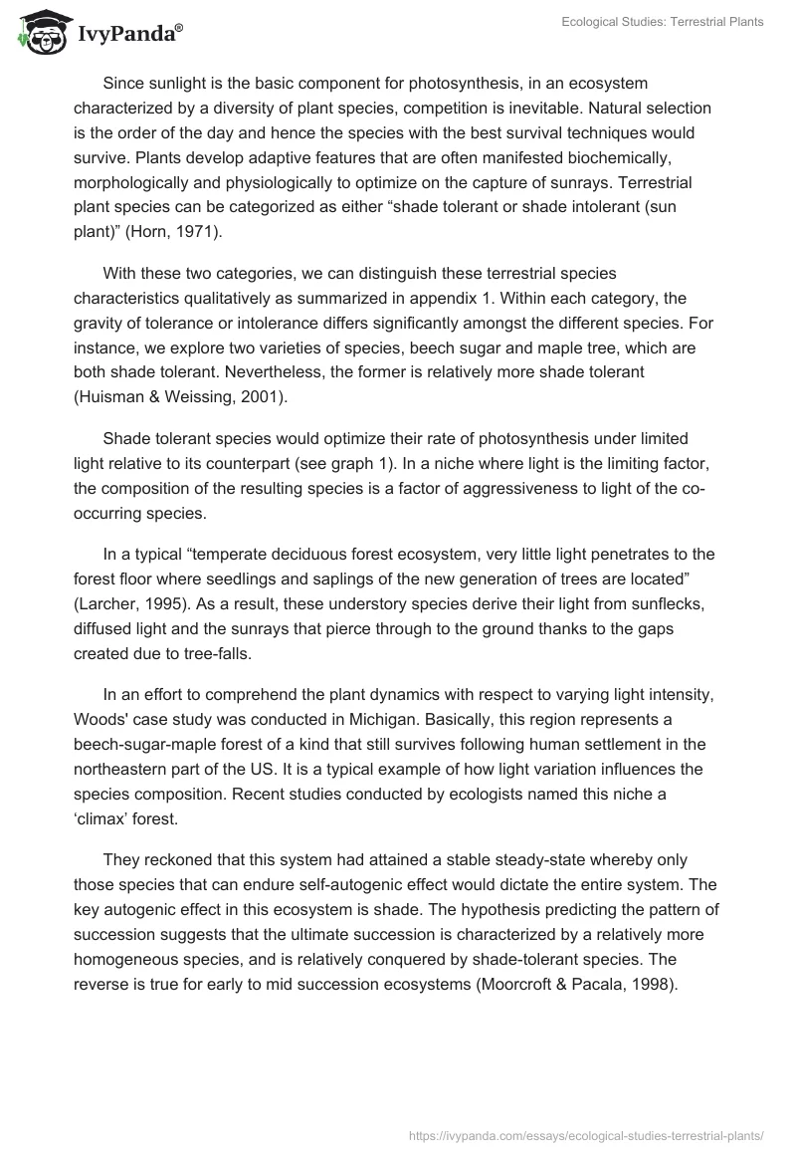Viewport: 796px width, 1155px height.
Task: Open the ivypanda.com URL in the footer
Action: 586,1134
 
